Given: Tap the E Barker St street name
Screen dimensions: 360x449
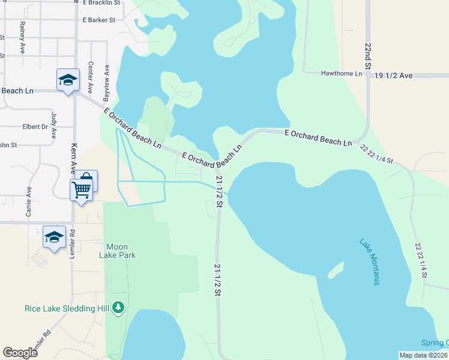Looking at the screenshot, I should click(x=99, y=20).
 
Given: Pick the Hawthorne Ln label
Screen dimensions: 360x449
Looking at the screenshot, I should click(x=342, y=74).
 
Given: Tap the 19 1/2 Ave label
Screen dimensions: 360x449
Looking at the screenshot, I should click(x=393, y=76).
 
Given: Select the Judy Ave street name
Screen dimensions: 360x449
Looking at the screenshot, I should click(x=54, y=122).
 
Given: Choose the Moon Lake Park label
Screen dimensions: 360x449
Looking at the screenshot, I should click(x=121, y=251).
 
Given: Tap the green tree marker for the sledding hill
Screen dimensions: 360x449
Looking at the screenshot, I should click(x=118, y=308).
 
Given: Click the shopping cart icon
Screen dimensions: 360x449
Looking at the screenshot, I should click(x=81, y=191).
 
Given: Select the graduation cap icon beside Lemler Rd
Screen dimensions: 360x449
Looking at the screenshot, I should click(x=54, y=236).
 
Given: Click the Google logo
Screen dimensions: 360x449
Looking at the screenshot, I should click(x=20, y=353).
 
